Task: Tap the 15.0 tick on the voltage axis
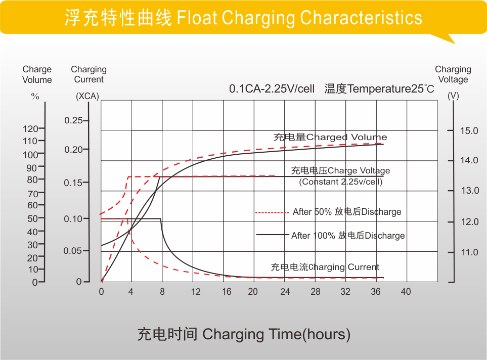pos(469,131)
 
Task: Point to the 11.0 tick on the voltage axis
pos(469,252)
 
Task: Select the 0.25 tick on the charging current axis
pos(73,120)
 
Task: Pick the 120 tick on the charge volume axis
pos(30,129)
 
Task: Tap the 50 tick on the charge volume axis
pos(32,218)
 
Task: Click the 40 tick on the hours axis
pos(406,292)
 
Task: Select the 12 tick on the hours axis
pos(195,292)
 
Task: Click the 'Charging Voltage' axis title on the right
pos(453,74)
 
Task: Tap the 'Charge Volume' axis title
pos(37,74)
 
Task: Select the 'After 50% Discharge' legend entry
pos(346,212)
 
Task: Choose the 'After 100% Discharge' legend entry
pos(348,236)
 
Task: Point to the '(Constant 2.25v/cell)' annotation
pos(341,182)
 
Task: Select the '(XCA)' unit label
pos(87,96)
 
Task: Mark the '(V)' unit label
pos(453,96)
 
